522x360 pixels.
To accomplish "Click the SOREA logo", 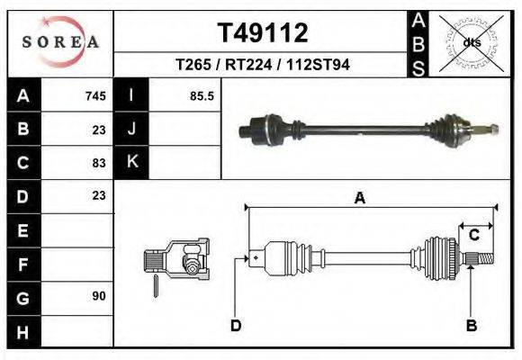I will click(60, 42).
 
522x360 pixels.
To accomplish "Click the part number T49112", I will click(262, 33).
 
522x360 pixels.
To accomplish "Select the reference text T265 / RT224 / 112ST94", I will click(262, 65).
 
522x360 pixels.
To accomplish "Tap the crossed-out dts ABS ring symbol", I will click(472, 41).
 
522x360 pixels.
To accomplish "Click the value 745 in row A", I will click(95, 96).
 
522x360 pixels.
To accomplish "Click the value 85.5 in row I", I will click(202, 96).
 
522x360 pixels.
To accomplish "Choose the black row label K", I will click(131, 163).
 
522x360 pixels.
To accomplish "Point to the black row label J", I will click(131, 130).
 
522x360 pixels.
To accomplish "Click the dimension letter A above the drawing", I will click(360, 199).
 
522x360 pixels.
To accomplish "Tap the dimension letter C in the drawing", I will click(472, 236).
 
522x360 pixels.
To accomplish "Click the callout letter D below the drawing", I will click(235, 325).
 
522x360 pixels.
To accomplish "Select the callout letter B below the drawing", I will click(471, 325).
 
